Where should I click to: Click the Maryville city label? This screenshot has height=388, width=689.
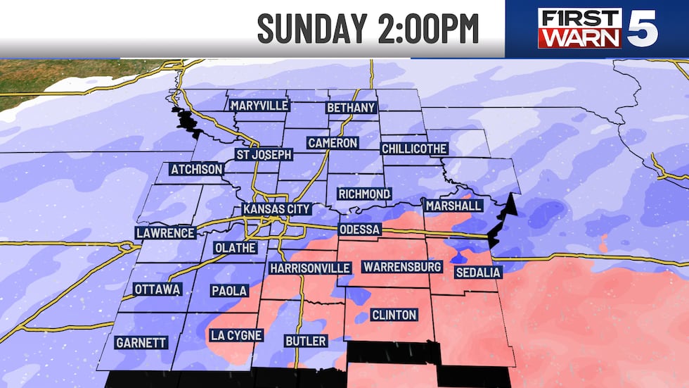click(x=259, y=106)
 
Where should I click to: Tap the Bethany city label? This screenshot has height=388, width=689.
click(x=351, y=108)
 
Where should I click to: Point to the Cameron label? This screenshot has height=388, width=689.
click(x=333, y=143)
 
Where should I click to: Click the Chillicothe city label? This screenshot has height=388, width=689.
click(x=413, y=149)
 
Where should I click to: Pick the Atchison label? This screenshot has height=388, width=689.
click(x=196, y=169)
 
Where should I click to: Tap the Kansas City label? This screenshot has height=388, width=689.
click(x=276, y=209)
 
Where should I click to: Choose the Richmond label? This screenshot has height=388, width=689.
click(x=363, y=194)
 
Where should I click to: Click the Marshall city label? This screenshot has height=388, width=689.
click(x=453, y=206)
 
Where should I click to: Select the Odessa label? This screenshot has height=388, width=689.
click(x=359, y=230)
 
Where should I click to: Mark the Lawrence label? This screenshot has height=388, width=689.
click(x=165, y=233)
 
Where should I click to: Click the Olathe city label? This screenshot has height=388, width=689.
click(x=236, y=247)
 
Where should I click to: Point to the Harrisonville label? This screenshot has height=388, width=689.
click(x=309, y=268)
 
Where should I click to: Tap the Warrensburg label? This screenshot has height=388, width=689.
click(x=401, y=267)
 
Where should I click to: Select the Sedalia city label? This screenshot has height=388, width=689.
click(x=477, y=273)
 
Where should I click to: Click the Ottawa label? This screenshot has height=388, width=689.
click(x=157, y=289)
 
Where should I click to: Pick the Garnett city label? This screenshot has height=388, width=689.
click(x=141, y=343)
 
